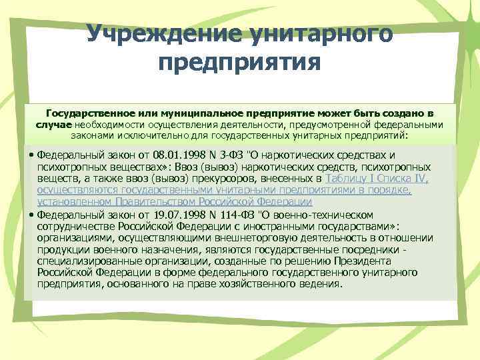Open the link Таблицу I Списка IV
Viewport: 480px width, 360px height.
click(x=377, y=179)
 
